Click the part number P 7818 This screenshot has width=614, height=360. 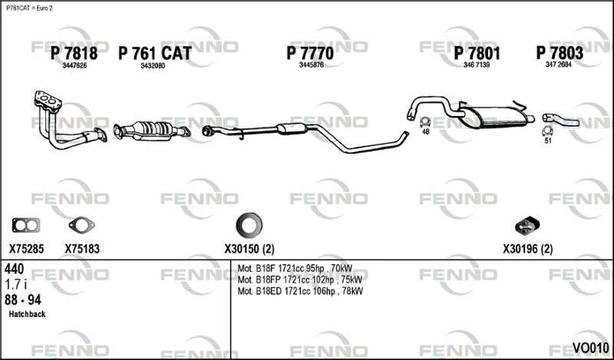74,53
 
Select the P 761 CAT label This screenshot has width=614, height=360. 155,53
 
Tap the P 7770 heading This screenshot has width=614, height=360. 310,53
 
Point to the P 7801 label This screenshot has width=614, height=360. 477,53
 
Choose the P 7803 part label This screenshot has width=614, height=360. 560,53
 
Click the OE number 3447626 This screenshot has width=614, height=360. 74,66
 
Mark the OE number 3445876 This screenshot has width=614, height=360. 312,65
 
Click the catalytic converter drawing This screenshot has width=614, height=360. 152,130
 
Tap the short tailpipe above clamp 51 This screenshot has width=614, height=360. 560,119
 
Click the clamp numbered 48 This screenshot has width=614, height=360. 425,122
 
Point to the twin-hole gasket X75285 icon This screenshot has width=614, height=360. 26,225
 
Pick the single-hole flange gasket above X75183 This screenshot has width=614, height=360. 81,225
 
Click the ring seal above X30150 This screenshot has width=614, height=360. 249,225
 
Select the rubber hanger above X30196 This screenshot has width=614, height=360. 527,225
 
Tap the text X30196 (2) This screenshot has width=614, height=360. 528,249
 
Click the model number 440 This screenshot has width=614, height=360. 15,269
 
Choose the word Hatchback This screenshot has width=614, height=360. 27,314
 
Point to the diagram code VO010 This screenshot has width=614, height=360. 590,348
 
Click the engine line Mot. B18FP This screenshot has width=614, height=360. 300,279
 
